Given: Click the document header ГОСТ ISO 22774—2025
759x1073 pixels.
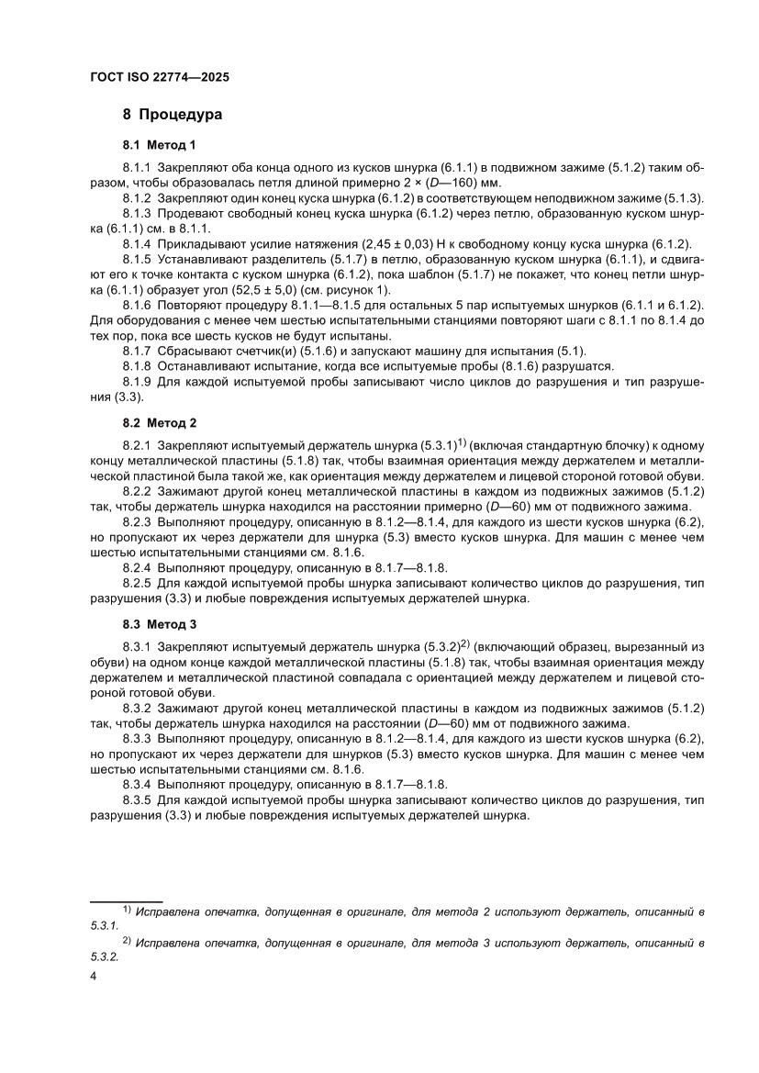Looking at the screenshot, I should coord(160,78).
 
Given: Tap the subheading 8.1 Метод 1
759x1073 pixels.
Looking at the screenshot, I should coord(159,145).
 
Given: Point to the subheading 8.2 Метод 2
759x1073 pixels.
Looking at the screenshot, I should coord(160,423).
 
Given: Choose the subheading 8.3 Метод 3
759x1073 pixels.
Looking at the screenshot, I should coord(160,625).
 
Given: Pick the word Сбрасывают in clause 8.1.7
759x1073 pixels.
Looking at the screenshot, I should coord(195,352).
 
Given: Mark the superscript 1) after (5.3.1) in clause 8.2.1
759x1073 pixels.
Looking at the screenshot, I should coord(462,441).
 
